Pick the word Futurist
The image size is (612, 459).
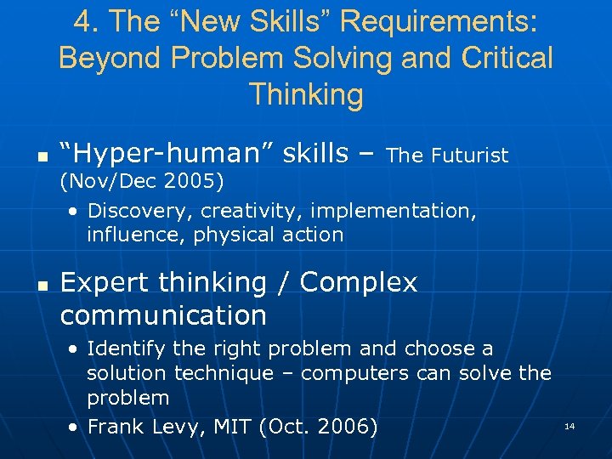(470, 156)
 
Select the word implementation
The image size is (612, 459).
(410, 210)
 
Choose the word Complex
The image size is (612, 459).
(359, 282)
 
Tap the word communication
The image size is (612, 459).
(163, 315)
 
